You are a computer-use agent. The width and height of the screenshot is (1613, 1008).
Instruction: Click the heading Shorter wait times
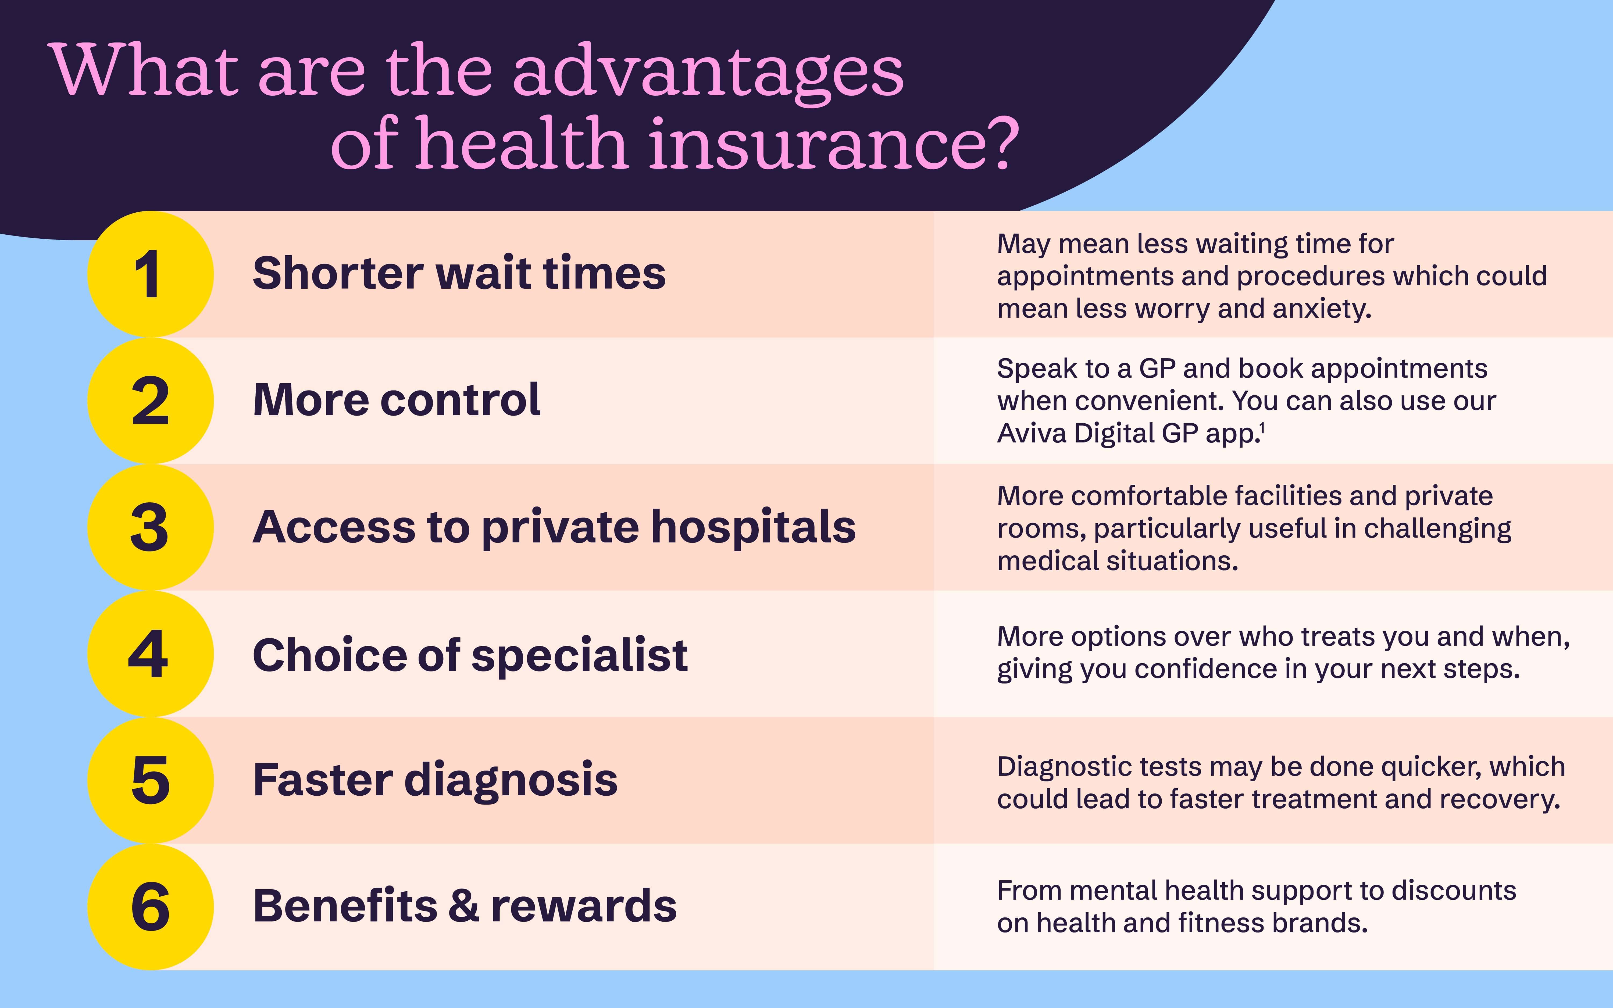459,273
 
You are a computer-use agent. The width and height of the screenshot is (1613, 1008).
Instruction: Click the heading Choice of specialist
470,655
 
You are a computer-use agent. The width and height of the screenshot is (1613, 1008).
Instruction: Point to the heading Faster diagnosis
435,780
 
